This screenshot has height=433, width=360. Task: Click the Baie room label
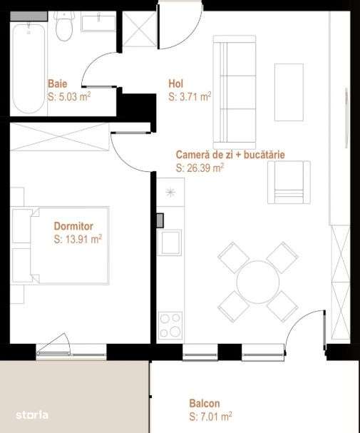[x=57, y=83]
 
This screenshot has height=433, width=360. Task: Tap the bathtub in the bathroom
[x=29, y=68]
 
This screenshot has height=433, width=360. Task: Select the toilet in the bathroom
[x=65, y=27]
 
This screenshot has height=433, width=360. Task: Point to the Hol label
[x=175, y=83]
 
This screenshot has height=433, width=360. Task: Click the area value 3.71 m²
[x=190, y=95]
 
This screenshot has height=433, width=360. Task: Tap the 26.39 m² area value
[x=200, y=168]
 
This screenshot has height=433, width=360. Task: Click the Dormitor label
[x=73, y=226]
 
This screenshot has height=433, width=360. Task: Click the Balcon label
[x=205, y=402]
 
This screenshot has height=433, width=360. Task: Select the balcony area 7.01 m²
[x=210, y=415]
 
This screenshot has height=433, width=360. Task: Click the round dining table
[x=258, y=282]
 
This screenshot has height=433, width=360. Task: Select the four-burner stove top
[x=170, y=325]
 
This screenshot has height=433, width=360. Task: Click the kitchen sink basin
[x=170, y=242]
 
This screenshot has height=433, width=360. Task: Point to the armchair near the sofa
[x=289, y=181]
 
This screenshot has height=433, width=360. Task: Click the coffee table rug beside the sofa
[x=289, y=92]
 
